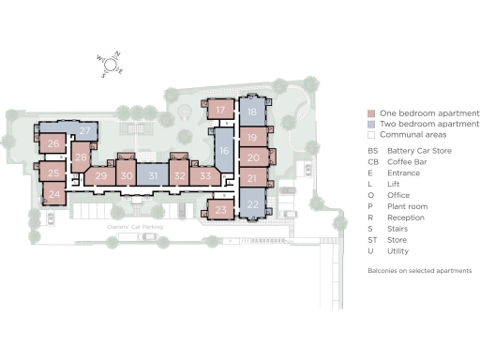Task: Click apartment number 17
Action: click(220, 111)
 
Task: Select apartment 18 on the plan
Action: click(252, 112)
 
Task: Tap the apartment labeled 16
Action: click(223, 150)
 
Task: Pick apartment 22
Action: click(252, 204)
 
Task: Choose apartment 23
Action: click(220, 211)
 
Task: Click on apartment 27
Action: click(84, 130)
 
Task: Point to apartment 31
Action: click(154, 175)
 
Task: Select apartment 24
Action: click(54, 195)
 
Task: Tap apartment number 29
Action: click(101, 175)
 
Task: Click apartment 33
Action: click(205, 175)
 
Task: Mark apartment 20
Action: click(253, 157)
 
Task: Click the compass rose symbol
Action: click(112, 65)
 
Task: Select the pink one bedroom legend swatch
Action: click(372, 112)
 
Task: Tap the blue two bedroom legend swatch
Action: click(372, 124)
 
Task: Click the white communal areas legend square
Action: click(372, 135)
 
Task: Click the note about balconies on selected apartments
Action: click(418, 270)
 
